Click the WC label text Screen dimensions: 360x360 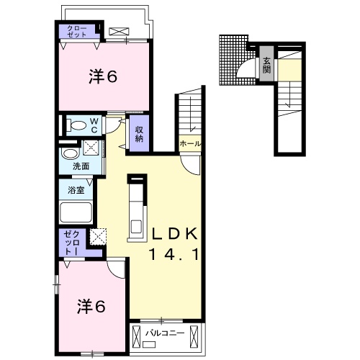[x=94, y=125]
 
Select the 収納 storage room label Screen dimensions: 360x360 [x=139, y=134]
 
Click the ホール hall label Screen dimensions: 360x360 [x=190, y=144]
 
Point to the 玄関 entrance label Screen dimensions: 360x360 [x=266, y=66]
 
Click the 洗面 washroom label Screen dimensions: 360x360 [x=81, y=166]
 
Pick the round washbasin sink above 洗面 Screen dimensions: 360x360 [x=71, y=153]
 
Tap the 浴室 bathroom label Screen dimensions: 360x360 [x=76, y=190]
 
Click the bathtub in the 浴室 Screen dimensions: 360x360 [x=76, y=212]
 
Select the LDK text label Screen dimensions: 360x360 [x=175, y=233]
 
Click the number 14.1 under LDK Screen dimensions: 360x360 [x=174, y=254]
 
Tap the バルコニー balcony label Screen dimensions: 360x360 [x=166, y=333]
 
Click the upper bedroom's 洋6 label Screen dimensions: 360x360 [x=103, y=77]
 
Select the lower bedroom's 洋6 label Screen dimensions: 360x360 [x=91, y=307]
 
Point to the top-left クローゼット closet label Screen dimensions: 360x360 [x=77, y=31]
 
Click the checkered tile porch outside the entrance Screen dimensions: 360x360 [x=233, y=60]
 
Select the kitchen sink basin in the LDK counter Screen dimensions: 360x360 [x=136, y=227]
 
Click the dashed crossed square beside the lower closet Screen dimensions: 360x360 [x=98, y=237]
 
